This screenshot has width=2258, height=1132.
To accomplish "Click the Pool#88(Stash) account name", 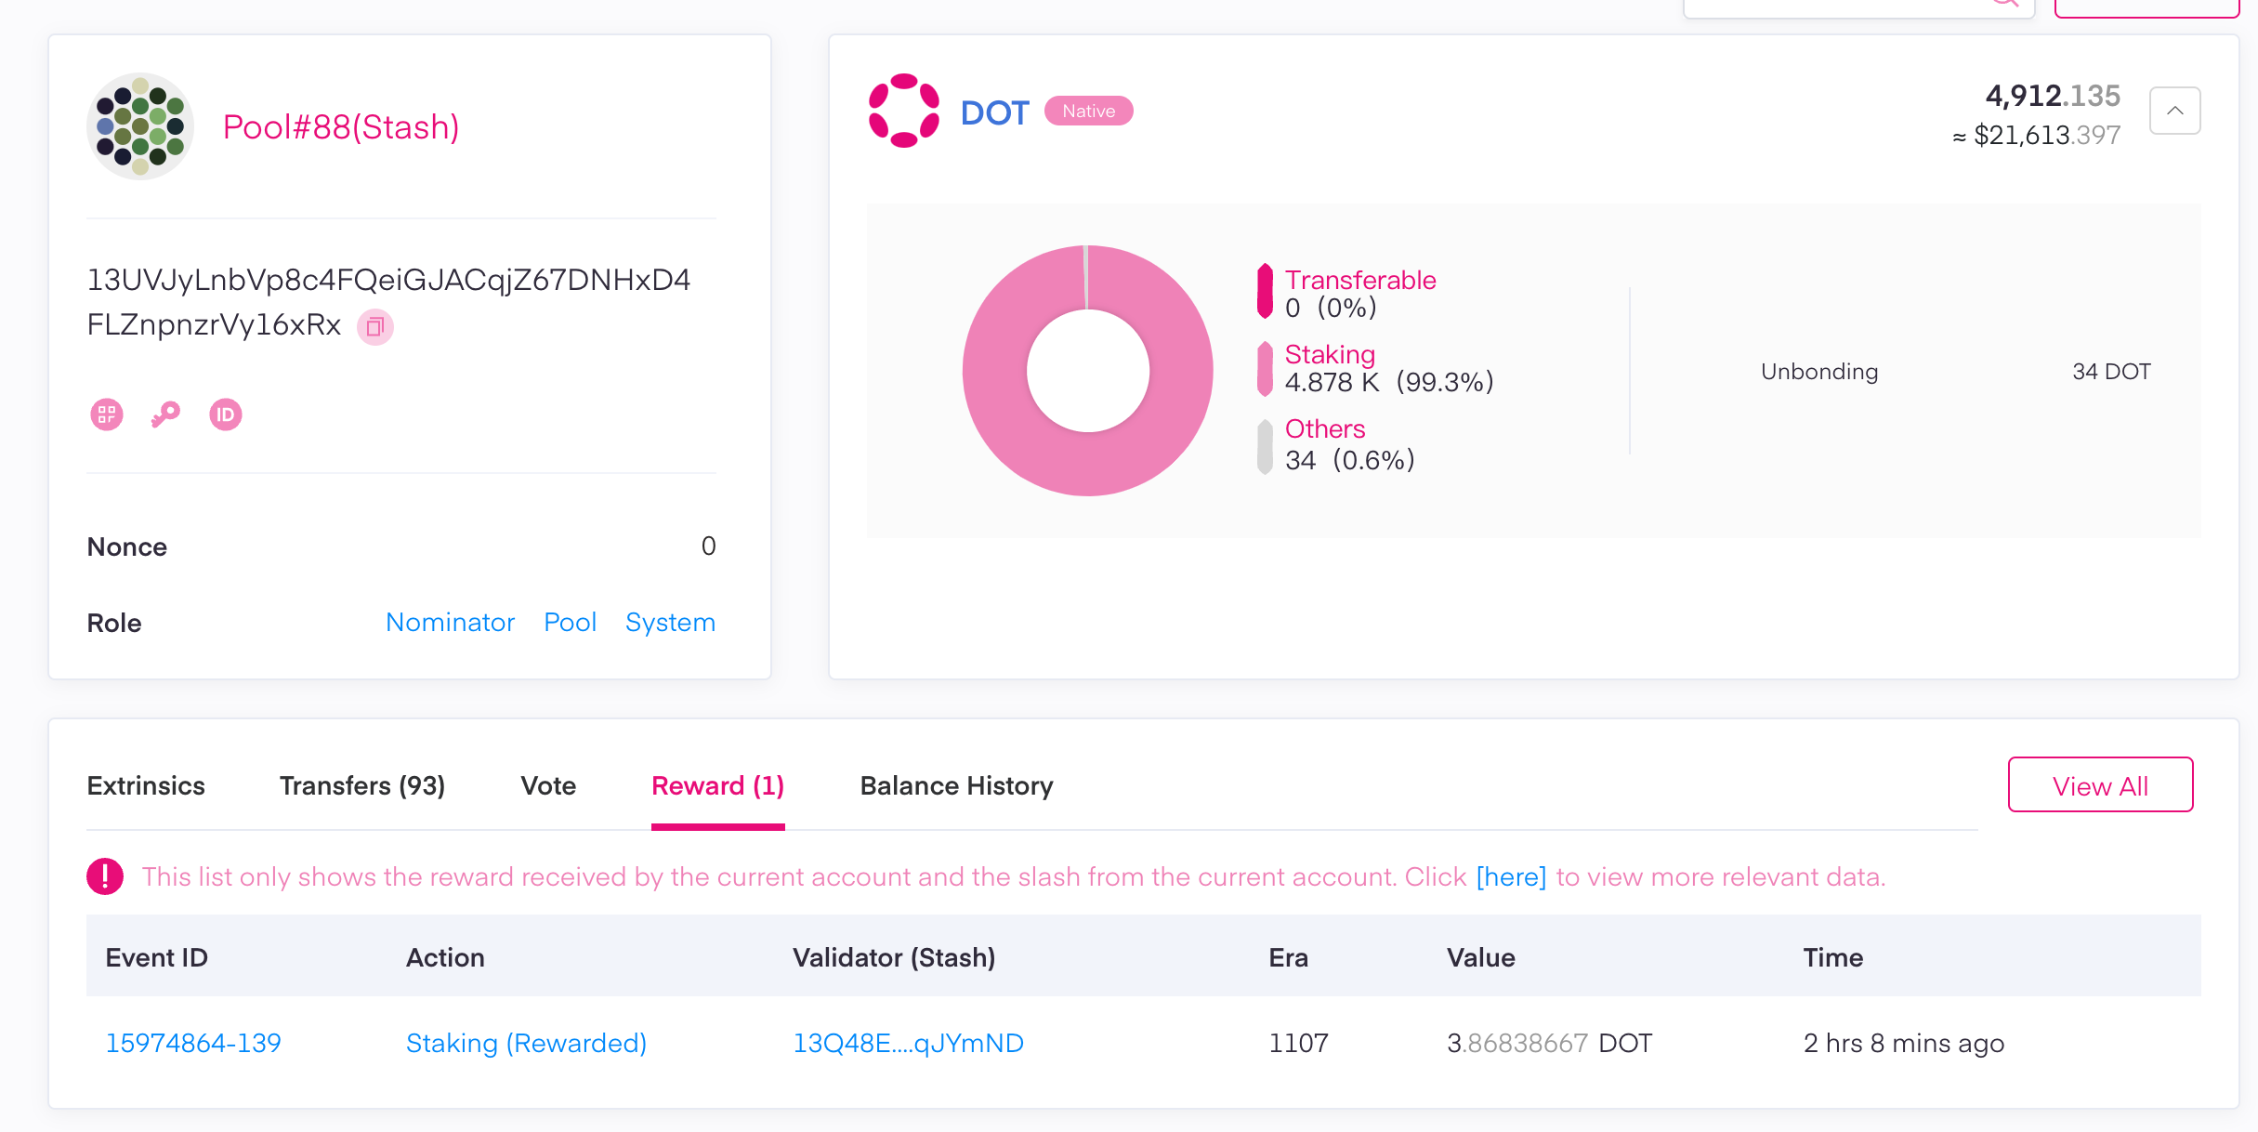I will pos(341,127).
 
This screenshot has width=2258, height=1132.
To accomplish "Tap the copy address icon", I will pos(375,326).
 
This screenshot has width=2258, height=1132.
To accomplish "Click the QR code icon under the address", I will pos(107,415).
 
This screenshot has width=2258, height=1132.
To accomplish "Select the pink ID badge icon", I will pos(225,415).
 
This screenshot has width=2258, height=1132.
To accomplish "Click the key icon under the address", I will pos(165,415).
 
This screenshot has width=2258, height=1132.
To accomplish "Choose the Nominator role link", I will pos(450,622).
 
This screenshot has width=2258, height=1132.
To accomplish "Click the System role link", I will pos(670,622).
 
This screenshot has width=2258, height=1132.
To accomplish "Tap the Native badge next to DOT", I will pos(1088,111).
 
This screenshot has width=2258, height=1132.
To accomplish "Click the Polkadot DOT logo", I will pos(903,111).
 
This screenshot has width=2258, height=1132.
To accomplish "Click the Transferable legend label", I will pos(1359,280).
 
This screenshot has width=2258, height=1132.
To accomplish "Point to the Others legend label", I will pos(1324,428).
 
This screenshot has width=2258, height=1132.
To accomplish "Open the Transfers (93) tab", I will pos(362,785).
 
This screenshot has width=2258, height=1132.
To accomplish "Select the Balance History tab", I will pos(956,785).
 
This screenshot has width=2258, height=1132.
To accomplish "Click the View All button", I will pos(2100,785).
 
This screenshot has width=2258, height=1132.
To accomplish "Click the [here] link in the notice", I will pos(1511,876).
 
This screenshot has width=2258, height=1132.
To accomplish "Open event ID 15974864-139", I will pos(193,1043).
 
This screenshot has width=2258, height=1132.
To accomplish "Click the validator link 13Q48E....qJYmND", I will pos(908,1043).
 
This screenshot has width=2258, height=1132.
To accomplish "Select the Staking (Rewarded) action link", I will pos(526,1043).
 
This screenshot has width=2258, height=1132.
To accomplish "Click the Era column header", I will pos(1288,957).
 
